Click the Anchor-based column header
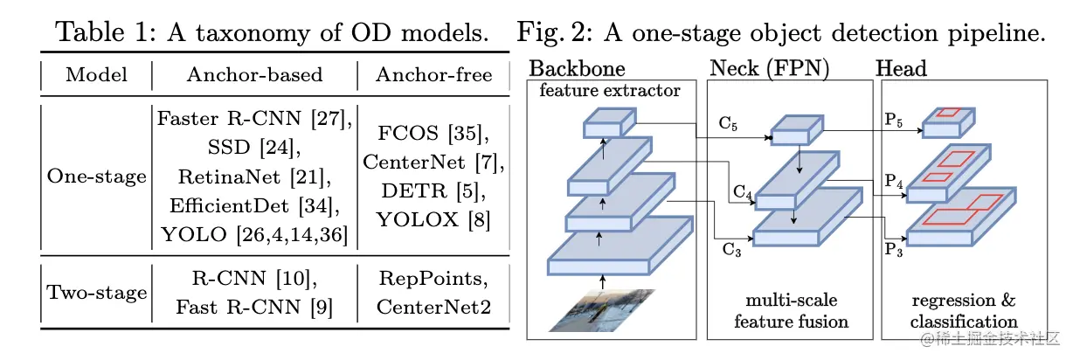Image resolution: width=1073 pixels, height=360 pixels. coord(255,74)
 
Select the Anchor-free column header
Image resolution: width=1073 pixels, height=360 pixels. coord(434,74)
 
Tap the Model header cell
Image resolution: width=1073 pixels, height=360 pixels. coord(96,74)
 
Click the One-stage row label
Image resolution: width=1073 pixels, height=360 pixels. coord(96,177)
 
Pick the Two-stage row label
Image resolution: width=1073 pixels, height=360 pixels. coord(96,292)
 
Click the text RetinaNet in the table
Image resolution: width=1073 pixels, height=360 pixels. coord(229,177)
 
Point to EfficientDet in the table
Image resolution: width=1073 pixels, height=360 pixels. coord(229,205)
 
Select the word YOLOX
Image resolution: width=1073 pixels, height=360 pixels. coord(417,219)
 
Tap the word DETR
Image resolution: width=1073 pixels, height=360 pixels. coord(414,190)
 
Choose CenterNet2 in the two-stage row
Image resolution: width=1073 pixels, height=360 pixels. coord(434,307)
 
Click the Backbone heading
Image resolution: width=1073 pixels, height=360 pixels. coord(577,68)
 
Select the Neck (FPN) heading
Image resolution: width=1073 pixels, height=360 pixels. coord(769,68)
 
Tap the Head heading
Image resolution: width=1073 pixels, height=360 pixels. coord(901,68)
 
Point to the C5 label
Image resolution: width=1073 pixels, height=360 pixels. coord(728,124)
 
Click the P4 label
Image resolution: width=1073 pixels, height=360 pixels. coord(894,181)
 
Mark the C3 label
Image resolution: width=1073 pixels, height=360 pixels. coord(731,250)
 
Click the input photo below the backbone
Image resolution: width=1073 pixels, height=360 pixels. coord(602,310)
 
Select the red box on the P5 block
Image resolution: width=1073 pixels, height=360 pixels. coord(948,113)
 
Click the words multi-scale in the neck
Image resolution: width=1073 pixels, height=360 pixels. coord(792,301)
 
